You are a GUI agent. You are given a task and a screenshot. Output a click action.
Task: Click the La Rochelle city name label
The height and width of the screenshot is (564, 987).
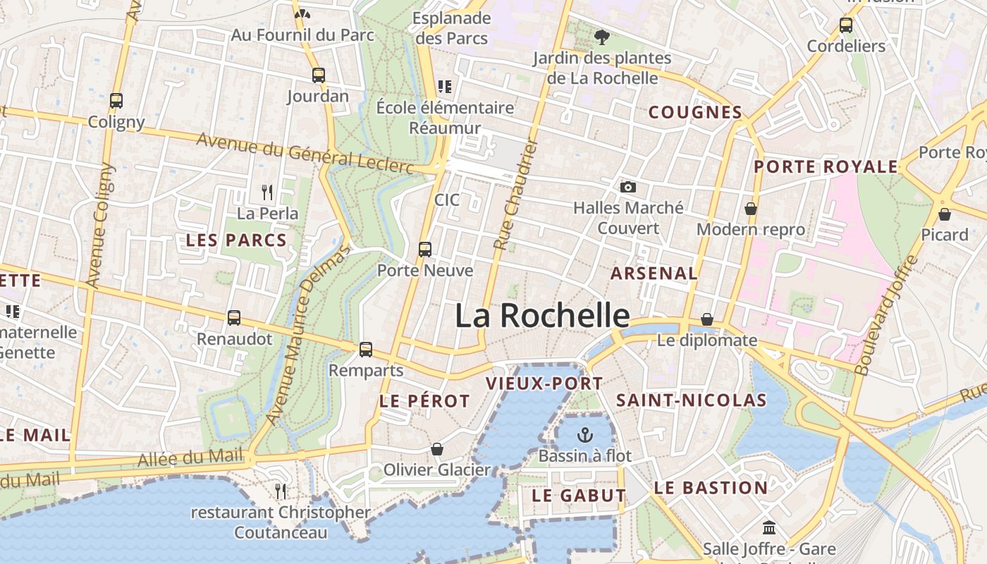pos(541,316)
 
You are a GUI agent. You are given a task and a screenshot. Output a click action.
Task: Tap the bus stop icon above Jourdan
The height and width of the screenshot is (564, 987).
pos(319,75)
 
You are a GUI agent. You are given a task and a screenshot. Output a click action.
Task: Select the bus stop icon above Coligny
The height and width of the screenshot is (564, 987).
pos(116,100)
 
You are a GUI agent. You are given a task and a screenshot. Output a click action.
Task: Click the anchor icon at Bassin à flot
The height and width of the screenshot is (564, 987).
pos(585,434)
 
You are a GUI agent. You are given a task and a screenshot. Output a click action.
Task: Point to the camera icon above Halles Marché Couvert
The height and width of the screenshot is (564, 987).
pos(627,187)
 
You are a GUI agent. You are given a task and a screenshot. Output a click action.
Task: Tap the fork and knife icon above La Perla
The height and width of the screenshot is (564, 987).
pos(267,192)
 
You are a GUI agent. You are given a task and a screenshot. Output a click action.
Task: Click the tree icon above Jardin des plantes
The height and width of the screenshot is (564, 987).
pos(601,37)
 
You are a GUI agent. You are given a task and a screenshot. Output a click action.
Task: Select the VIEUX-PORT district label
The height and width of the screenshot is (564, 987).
pos(544,384)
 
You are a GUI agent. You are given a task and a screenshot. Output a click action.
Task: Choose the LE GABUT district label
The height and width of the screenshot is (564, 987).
pos(579,496)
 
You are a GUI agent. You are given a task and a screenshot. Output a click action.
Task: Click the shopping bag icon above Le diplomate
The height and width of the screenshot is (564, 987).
pos(707,319)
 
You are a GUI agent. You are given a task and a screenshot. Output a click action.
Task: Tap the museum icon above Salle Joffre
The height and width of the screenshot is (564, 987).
pos(769,527)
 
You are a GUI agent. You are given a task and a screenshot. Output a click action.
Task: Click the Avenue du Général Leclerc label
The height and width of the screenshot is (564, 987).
pos(305,153)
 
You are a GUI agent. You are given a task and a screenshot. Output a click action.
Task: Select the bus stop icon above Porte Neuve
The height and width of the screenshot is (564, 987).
pos(424,249)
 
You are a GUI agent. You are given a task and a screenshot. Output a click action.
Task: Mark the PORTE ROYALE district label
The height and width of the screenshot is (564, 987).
pos(826,167)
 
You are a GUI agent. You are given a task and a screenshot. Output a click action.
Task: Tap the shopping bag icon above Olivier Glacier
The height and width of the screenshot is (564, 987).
pos(437,449)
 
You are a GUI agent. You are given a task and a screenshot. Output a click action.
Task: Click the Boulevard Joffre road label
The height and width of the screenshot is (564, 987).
pos(887,314)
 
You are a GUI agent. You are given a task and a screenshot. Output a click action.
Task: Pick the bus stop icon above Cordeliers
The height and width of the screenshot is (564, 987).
pos(846,25)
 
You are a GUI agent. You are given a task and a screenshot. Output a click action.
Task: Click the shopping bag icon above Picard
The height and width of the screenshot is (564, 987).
pos(945,214)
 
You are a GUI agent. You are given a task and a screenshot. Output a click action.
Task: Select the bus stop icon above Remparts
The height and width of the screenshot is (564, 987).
pos(365,349)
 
